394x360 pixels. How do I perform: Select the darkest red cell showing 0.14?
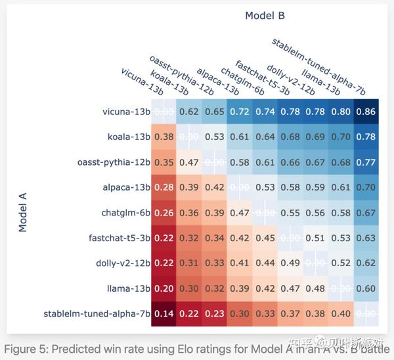[163, 313]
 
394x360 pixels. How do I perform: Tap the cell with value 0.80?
[341, 112]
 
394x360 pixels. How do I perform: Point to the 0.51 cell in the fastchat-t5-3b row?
[315, 237]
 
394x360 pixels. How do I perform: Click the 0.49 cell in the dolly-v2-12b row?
[290, 262]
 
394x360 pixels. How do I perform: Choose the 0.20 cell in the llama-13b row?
[163, 287]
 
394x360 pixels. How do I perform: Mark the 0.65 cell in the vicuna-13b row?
[214, 112]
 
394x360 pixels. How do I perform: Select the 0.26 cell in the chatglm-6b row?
[163, 212]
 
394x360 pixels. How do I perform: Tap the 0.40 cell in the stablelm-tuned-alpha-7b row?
[341, 313]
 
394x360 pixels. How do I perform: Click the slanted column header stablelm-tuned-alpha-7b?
[318, 66]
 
